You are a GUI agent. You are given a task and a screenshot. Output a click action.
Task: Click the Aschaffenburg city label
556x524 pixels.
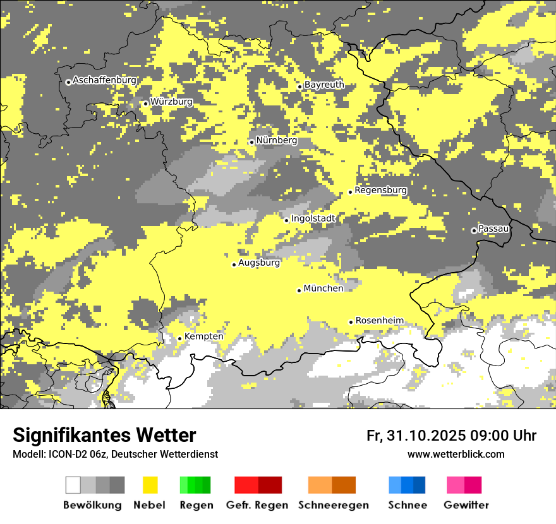(x=104, y=80)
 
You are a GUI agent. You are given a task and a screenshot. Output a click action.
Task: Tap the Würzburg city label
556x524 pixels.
(x=171, y=102)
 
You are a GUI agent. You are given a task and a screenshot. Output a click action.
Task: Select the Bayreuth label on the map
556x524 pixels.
(x=324, y=85)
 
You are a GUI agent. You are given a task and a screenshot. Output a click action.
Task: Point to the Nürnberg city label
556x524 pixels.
(x=276, y=140)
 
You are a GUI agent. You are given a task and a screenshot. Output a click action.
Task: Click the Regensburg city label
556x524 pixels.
(x=380, y=190)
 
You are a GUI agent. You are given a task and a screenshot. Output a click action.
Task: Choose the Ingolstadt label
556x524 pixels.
(x=313, y=218)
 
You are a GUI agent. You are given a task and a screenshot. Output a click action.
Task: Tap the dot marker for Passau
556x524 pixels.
(x=474, y=230)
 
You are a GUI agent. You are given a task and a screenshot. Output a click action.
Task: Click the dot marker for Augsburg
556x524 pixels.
(x=234, y=265)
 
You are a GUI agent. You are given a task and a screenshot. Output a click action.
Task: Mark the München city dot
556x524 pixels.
(x=299, y=290)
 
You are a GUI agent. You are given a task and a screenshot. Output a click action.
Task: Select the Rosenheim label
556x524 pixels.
(x=379, y=321)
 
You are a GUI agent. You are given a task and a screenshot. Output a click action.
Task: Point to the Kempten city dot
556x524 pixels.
(x=180, y=338)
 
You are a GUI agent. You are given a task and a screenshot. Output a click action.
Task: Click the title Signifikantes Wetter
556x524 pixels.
(x=104, y=436)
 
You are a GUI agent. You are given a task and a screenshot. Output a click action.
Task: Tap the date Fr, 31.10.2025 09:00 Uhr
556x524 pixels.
(x=451, y=436)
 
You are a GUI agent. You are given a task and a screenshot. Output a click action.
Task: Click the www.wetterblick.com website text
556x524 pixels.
(x=456, y=454)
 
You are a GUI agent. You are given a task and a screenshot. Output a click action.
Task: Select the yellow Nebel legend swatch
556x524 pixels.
(x=150, y=485)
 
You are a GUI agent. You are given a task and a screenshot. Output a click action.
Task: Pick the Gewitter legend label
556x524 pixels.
(x=466, y=505)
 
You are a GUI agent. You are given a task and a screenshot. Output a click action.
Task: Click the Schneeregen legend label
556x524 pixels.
(x=334, y=505)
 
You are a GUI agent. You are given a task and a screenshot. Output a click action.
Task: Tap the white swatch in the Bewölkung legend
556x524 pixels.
(x=73, y=485)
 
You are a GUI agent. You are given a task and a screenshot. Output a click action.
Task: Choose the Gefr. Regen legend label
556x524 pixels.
(x=257, y=505)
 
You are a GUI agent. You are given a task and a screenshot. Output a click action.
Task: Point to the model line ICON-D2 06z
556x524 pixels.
(x=115, y=454)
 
